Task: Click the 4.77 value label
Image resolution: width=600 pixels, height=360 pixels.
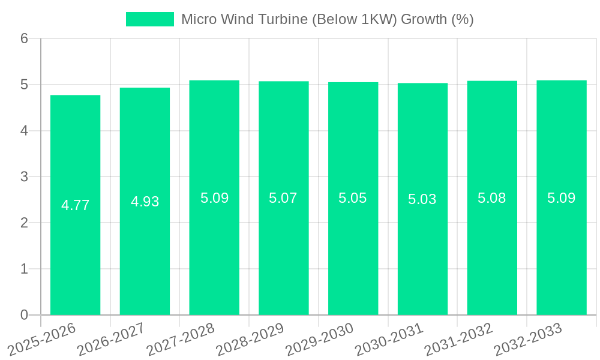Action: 75,205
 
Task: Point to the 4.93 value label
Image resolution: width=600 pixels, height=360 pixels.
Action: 145,202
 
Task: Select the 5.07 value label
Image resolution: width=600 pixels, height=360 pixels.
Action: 283,198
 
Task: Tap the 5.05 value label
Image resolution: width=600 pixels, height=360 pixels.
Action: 353,199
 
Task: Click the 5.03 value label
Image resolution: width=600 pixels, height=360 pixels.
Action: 422,199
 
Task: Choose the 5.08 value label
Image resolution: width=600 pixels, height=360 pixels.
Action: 492,198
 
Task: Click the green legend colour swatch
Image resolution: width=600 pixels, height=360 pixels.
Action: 149,19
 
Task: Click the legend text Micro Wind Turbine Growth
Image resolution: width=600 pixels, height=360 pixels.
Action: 327,19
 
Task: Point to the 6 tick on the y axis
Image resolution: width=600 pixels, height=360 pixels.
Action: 24,38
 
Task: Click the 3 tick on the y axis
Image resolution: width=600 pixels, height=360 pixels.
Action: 24,176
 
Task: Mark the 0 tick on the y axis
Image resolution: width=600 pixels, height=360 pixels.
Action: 24,315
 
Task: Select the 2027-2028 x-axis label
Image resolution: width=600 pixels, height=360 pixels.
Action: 181,340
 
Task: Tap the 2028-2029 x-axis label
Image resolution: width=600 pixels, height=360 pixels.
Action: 250,340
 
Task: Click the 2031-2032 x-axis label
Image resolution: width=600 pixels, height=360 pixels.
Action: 458,340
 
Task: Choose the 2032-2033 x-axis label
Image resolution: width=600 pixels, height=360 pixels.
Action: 528,340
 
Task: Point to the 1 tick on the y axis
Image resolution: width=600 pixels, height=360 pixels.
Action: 24,269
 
